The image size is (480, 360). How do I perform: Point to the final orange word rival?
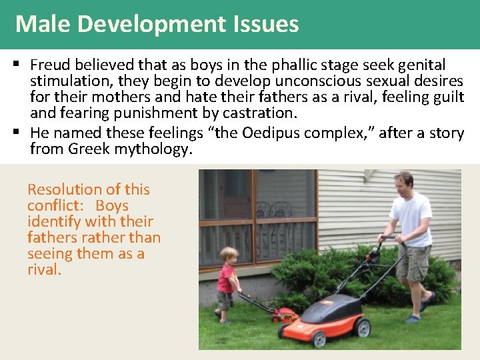click(x=44, y=270)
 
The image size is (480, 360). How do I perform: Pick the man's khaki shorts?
click(x=414, y=263)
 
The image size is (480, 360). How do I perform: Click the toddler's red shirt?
click(x=226, y=278)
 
